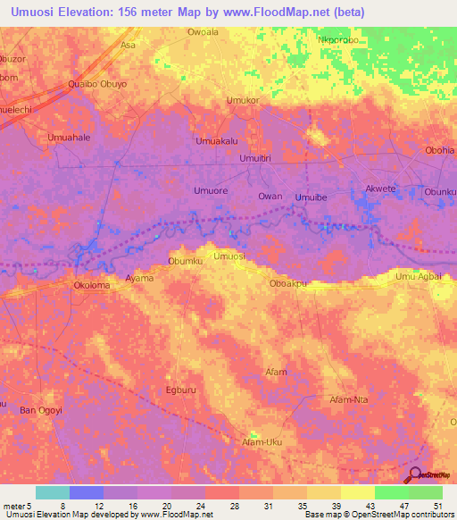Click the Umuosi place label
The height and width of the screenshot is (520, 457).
click(x=229, y=256)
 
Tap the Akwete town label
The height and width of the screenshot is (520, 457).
click(x=381, y=189)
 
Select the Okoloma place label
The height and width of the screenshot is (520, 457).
click(x=91, y=286)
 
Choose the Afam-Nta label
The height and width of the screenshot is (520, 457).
click(x=349, y=399)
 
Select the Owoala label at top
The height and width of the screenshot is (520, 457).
click(x=203, y=32)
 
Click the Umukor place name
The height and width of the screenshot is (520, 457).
click(x=243, y=100)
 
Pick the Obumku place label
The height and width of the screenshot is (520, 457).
click(x=187, y=261)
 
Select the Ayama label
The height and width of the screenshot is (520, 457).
click(x=139, y=279)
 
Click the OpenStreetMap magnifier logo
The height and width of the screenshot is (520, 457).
click(x=415, y=475)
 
